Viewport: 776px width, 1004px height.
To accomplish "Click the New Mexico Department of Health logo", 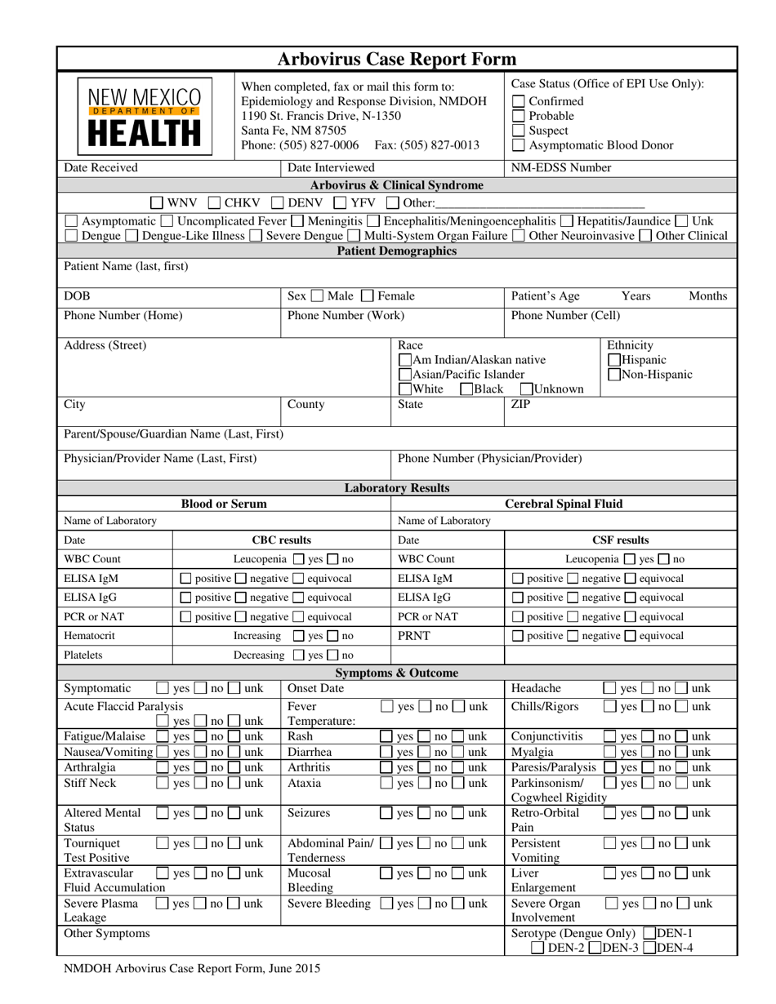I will click(144, 116).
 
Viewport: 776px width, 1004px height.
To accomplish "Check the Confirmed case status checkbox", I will click(518, 101).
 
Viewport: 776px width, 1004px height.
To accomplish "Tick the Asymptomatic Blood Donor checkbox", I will click(518, 145).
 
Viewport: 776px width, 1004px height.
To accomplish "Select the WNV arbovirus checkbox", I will click(157, 202).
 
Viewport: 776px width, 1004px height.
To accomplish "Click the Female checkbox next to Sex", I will click(367, 295).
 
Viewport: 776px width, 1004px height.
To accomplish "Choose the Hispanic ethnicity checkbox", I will click(615, 360).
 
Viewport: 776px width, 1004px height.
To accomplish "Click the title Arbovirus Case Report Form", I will click(397, 59).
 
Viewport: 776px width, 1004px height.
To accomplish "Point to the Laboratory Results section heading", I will click(397, 488).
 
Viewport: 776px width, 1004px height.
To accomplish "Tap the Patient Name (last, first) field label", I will click(126, 266).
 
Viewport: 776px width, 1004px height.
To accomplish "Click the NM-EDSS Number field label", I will click(560, 168).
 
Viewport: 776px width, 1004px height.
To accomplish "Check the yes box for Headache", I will click(609, 689).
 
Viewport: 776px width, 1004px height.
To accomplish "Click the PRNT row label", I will click(413, 636).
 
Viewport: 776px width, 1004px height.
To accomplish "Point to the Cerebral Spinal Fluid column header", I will click(564, 504).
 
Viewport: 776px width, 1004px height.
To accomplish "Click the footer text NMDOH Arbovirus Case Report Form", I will click(192, 969).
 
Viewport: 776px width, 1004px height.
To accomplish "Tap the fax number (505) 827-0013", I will click(443, 145).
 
